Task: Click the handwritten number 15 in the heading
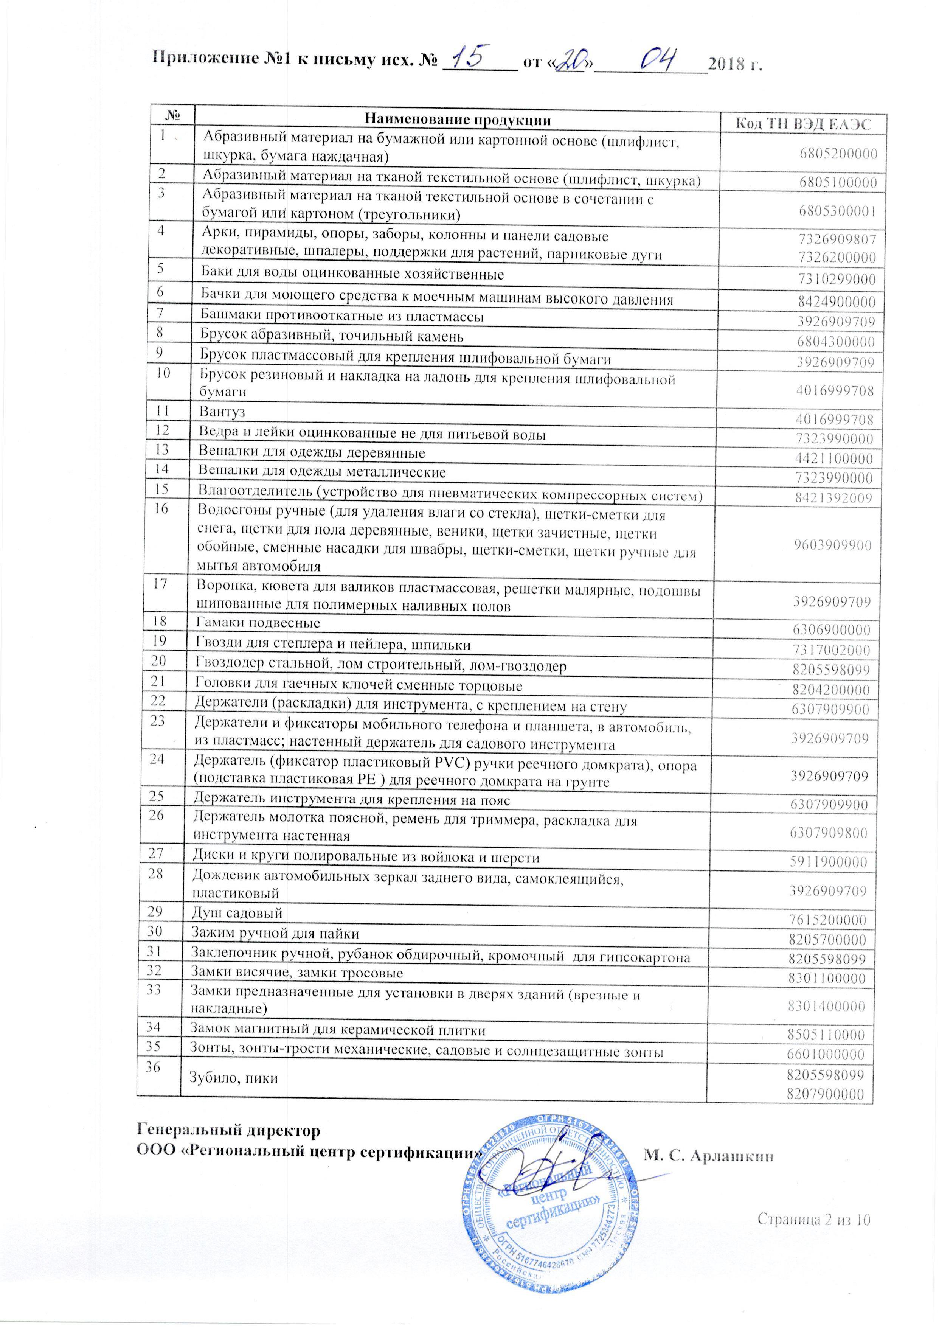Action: [473, 57]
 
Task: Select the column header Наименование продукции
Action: [456, 120]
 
